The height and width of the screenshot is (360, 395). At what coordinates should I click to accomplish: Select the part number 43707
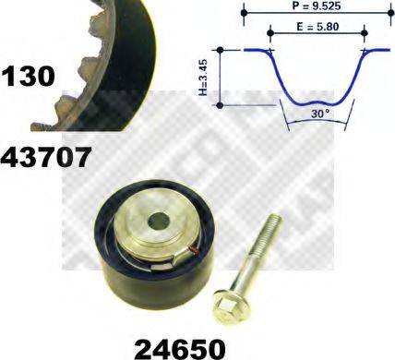click(x=46, y=156)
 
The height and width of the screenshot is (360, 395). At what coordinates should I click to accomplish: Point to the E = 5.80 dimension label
click(x=316, y=29)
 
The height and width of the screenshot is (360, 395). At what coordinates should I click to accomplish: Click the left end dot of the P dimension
click(x=244, y=15)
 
